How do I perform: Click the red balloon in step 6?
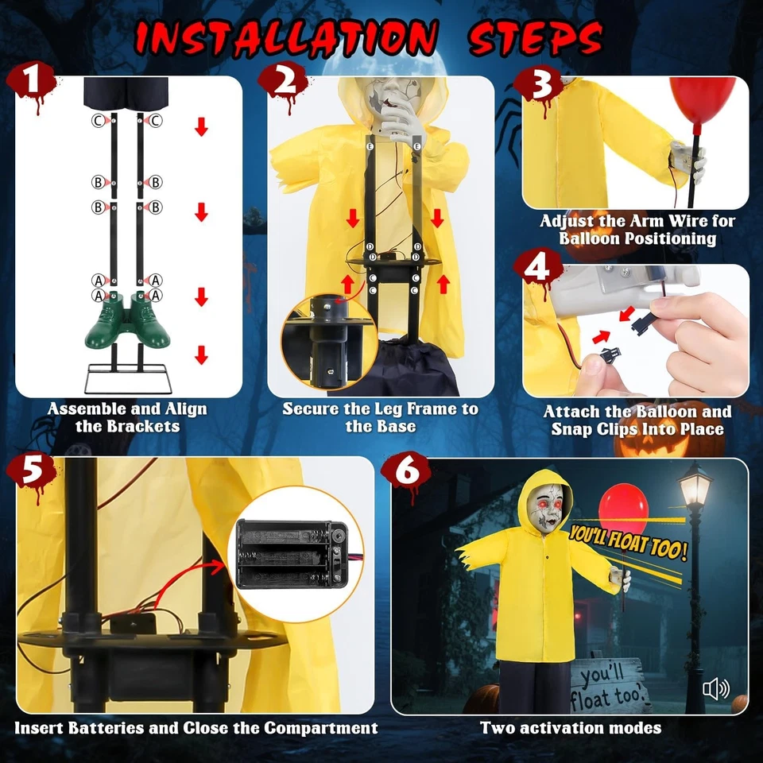pos(624,509)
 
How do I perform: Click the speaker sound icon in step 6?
pos(715,689)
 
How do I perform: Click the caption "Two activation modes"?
pos(570,727)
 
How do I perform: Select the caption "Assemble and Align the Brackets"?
pos(127,417)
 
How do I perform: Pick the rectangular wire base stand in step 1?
pos(130,378)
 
